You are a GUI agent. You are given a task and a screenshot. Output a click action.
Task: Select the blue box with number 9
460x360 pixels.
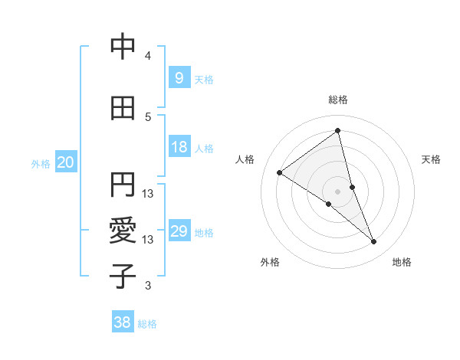tap(179, 77)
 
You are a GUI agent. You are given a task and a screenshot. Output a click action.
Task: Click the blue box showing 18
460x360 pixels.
tap(179, 147)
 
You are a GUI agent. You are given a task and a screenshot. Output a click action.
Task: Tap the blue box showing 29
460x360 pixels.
tap(179, 231)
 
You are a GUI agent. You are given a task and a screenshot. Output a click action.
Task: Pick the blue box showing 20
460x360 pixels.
tap(65, 162)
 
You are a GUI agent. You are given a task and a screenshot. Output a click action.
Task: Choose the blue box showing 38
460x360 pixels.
tap(122, 322)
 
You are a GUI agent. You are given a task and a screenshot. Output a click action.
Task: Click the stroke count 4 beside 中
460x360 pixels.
tap(148, 56)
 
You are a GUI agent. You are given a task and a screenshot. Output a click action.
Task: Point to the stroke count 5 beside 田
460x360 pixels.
tap(148, 117)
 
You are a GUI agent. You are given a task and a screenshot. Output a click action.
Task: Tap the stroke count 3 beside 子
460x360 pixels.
tap(148, 286)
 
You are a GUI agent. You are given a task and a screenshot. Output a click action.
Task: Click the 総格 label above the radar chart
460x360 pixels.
tap(338, 100)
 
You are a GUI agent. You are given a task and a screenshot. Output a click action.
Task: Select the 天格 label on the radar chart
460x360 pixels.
tap(431, 159)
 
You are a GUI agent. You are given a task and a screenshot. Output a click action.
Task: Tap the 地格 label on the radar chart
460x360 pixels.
tap(402, 262)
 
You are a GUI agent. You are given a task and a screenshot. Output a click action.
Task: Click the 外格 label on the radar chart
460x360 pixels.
tap(270, 262)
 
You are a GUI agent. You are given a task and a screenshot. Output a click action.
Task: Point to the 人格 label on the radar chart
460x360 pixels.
tap(245, 159)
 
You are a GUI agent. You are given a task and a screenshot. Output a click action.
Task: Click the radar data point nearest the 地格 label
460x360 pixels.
tap(374, 242)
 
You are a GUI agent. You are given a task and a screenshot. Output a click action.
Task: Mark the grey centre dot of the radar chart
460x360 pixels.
tap(338, 191)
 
